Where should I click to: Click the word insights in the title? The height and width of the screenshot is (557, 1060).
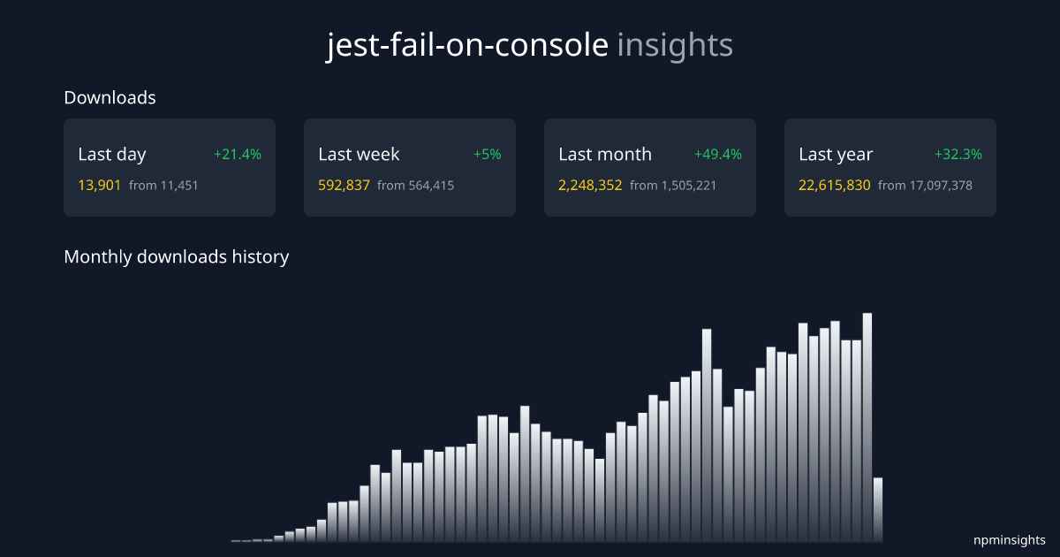click(675, 45)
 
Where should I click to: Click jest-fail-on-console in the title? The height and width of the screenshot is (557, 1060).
click(467, 45)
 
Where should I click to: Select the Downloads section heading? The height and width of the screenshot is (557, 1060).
click(110, 98)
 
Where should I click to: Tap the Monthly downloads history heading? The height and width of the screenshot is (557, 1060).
click(177, 257)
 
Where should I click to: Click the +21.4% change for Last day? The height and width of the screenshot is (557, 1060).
click(238, 155)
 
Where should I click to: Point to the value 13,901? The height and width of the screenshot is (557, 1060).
click(100, 186)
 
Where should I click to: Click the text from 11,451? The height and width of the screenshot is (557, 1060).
click(164, 186)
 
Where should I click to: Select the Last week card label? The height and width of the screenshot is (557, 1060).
click(359, 155)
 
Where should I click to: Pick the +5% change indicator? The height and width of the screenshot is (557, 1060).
click(487, 155)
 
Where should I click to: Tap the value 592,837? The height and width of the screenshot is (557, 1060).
click(344, 186)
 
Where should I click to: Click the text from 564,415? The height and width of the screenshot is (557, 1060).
click(415, 186)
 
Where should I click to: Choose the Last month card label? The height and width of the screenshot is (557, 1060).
click(605, 155)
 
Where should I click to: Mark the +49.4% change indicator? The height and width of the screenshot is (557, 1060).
click(718, 155)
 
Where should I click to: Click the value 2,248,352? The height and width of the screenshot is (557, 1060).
click(590, 186)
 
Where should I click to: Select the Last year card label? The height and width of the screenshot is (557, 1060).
click(836, 155)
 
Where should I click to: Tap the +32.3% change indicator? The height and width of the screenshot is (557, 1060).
click(958, 155)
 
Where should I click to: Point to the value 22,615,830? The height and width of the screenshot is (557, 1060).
click(835, 186)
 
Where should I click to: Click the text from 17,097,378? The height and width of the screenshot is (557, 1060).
click(925, 186)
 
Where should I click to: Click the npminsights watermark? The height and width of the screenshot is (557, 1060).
click(1010, 540)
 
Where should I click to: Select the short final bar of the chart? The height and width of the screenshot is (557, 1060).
click(878, 510)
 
